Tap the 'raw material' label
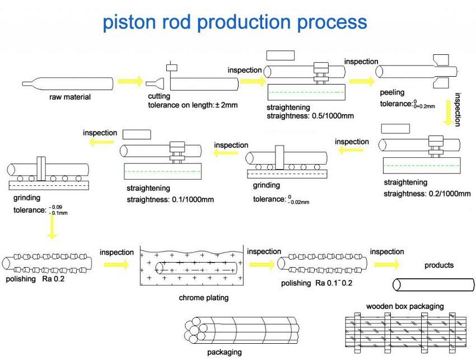click(69, 97)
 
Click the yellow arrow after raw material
click(131, 81)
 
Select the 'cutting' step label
click(159, 96)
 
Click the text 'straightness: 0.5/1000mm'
click(310, 116)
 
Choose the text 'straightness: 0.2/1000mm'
click(427, 194)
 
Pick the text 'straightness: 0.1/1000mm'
click(170, 199)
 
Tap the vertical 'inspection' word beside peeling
click(458, 109)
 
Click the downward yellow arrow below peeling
click(447, 113)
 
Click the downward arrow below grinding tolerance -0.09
click(52, 226)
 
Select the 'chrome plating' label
click(203, 298)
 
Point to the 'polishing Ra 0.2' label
click(35, 279)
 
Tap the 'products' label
click(439, 265)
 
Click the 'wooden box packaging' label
click(404, 306)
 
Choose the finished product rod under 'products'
click(432, 284)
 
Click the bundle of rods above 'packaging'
click(241, 330)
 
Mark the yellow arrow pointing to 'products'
click(387, 264)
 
